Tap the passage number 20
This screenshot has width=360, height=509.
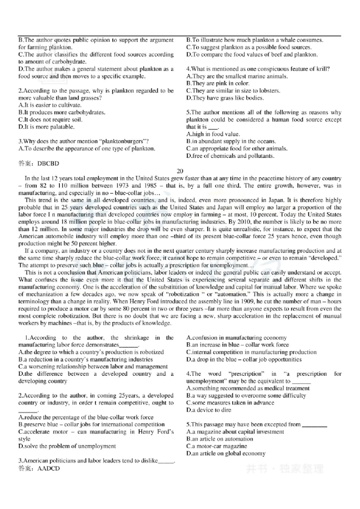click(x=180, y=171)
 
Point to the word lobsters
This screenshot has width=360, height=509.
click(x=267, y=90)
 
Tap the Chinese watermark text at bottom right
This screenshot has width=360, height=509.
click(x=284, y=469)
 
